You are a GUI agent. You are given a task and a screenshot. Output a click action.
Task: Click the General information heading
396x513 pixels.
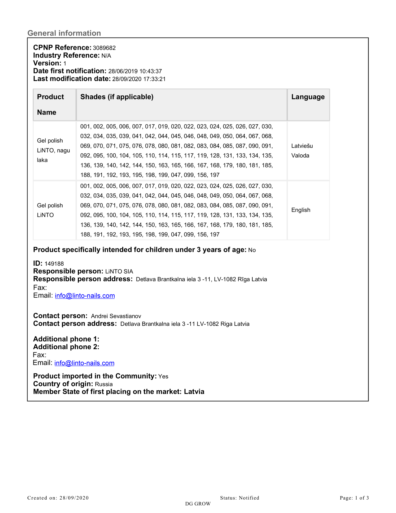[x=64, y=33]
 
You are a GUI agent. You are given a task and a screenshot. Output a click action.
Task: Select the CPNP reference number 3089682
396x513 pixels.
[x=104, y=48]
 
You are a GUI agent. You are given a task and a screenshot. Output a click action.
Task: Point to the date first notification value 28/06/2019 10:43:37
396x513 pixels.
[x=135, y=71]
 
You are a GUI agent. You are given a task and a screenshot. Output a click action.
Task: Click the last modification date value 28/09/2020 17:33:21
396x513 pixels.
[x=139, y=79]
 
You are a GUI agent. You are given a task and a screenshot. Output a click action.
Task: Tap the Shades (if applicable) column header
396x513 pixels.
[x=117, y=97]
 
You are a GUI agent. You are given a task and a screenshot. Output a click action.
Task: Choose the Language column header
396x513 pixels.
[x=308, y=97]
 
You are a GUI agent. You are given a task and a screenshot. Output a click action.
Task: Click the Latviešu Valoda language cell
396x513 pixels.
[x=302, y=151]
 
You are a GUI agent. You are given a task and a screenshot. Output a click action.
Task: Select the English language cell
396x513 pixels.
[x=301, y=210]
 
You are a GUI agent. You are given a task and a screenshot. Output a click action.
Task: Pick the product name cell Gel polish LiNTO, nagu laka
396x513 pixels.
[x=53, y=150]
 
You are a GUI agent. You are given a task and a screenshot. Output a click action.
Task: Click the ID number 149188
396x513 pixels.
[x=54, y=264]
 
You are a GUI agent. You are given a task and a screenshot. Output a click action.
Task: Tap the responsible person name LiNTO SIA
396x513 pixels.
[x=119, y=271]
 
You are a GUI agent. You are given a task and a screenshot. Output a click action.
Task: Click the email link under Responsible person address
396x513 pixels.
[x=85, y=296]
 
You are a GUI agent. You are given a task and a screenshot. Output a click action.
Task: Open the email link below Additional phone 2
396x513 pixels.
[x=84, y=363]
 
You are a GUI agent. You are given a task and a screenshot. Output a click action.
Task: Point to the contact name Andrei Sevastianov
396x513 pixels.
[x=116, y=316]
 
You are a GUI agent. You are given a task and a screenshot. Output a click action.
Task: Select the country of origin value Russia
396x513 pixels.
[x=104, y=384]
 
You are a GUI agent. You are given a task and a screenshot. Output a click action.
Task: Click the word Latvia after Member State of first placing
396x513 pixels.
[x=194, y=392]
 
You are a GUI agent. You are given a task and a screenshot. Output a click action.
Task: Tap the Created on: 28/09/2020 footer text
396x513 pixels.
[x=58, y=498]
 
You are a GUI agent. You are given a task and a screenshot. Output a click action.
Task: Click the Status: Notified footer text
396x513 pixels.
[x=239, y=498]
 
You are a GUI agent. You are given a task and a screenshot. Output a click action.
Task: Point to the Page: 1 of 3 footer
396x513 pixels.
[x=354, y=498]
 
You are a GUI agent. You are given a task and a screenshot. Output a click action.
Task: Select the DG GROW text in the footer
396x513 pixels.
[x=198, y=504]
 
